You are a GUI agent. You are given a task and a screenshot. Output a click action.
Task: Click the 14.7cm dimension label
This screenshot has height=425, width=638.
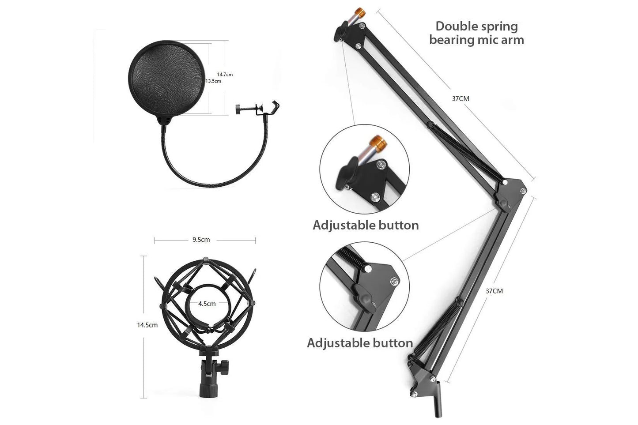tap(225, 75)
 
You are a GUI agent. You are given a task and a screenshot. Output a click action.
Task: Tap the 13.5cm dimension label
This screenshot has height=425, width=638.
tap(213, 81)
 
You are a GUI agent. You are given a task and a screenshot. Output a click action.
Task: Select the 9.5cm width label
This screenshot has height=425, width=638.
tap(201, 240)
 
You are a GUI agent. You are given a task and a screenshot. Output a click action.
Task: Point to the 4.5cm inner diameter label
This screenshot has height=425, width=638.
tap(207, 304)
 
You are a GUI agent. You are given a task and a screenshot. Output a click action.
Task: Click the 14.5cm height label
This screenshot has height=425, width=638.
tap(147, 325)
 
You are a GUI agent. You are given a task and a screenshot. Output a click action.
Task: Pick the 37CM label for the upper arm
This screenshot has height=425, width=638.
tap(461, 98)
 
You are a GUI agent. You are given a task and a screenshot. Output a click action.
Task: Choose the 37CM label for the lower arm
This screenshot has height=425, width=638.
tap(494, 291)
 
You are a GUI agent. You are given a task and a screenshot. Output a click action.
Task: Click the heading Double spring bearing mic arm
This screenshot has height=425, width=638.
tap(476, 33)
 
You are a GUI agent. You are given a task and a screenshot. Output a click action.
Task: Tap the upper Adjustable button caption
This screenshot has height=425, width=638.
tap(366, 225)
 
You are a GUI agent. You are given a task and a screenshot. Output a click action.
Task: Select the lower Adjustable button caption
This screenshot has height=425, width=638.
tap(360, 343)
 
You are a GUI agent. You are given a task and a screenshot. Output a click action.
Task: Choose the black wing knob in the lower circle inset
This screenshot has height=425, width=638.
tap(361, 293)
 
